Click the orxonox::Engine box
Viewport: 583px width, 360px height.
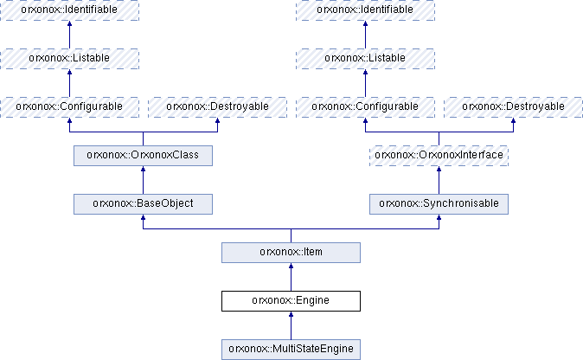point(291,301)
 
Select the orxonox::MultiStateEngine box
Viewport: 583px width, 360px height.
point(291,350)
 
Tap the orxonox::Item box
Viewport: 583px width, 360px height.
point(291,253)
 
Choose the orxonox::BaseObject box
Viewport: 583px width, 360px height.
point(143,204)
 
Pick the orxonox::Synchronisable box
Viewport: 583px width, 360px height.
point(439,204)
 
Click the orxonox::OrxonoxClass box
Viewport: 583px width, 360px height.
point(143,156)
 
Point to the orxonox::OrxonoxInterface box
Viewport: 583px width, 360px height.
point(439,156)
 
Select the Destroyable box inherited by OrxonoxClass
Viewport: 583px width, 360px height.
point(217,107)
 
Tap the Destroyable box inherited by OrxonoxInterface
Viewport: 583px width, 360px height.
point(514,107)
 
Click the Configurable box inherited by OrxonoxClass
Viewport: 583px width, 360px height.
point(69,107)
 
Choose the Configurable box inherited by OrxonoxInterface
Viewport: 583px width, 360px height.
point(366,107)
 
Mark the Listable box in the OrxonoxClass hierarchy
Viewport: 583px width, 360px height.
point(69,59)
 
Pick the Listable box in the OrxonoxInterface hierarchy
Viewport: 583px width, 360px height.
point(366,59)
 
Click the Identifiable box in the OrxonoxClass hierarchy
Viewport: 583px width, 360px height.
point(69,10)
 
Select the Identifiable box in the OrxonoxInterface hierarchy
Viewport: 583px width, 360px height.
point(366,10)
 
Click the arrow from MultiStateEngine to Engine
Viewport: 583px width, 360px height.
point(291,325)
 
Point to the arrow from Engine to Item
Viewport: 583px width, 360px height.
point(291,277)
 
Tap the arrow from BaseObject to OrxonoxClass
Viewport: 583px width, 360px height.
point(143,180)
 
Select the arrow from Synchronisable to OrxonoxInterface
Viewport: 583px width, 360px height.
point(439,180)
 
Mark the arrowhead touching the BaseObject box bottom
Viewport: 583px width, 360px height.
point(143,217)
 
